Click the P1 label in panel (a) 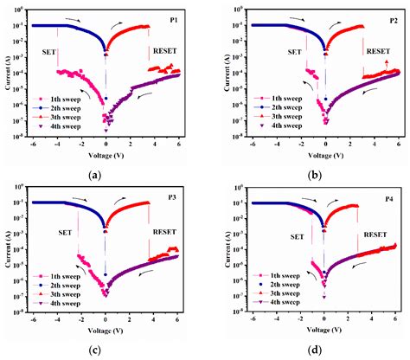tap(176, 17)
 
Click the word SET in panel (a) tap(50, 52)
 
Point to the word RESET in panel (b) tap(378, 52)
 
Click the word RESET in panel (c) tap(166, 232)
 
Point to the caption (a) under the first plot tap(95, 176)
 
